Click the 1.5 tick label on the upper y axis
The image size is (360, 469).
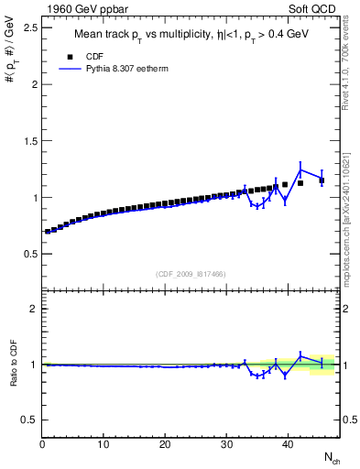(30, 140)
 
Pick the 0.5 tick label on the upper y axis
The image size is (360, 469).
(30, 253)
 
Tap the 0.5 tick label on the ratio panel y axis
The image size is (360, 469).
(30, 420)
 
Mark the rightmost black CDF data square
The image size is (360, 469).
(322, 180)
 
